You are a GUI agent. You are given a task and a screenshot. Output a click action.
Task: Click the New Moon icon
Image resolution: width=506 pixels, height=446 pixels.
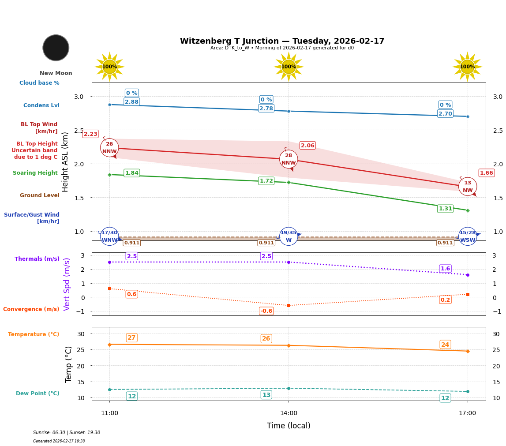(x=56, y=48)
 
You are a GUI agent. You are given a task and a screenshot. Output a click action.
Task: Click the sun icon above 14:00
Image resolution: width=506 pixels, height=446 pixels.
(x=289, y=67)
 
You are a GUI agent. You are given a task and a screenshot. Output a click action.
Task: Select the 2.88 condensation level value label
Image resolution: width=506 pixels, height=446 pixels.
(x=131, y=102)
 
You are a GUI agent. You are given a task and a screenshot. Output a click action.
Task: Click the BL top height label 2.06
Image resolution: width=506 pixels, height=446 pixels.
(x=307, y=146)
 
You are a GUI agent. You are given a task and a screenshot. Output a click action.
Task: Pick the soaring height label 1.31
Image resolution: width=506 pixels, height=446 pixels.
(x=445, y=209)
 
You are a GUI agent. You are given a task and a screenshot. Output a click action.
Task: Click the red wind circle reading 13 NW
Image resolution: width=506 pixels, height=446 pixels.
(x=468, y=187)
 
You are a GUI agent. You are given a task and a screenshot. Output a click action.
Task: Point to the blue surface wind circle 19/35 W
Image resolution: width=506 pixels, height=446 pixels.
(x=289, y=236)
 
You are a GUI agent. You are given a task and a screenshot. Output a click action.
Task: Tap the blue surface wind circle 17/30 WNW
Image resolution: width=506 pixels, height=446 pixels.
(x=109, y=236)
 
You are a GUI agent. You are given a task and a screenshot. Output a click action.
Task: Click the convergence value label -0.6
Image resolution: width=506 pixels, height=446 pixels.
(x=266, y=311)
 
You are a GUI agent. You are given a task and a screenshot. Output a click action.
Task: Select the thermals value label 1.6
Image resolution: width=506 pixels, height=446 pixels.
(x=445, y=269)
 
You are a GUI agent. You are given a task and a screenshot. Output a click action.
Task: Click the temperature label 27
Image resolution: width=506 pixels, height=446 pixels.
(x=131, y=338)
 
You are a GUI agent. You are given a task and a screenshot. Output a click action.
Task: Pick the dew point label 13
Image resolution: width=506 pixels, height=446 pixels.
(x=266, y=395)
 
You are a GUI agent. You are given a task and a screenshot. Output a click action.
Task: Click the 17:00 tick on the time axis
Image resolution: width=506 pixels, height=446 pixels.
(x=467, y=413)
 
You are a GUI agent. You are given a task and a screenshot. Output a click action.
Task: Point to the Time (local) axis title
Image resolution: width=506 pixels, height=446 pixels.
(x=289, y=426)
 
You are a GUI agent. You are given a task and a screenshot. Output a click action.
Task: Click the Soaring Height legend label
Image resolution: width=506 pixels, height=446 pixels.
(x=35, y=173)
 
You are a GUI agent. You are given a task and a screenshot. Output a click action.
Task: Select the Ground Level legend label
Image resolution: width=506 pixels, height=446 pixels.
(x=40, y=195)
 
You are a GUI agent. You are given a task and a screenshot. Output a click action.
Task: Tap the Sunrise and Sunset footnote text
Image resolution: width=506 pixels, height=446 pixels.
(x=67, y=433)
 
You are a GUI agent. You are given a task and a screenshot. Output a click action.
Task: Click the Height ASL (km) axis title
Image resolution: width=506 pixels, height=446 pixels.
(x=65, y=162)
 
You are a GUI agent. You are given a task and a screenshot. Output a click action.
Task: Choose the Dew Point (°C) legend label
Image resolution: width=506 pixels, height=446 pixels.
(x=37, y=394)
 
